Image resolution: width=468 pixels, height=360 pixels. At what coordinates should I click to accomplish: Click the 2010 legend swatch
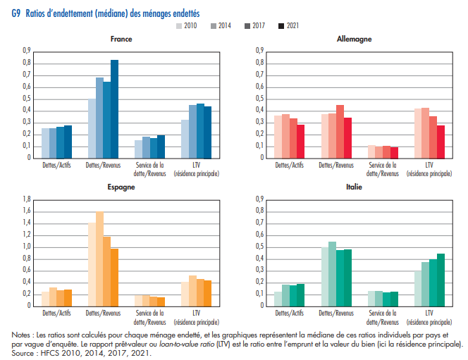tap(179, 26)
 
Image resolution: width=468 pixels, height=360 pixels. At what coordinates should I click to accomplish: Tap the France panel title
tap(121, 39)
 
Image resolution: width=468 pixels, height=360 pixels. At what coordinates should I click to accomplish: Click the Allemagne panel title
tap(354, 39)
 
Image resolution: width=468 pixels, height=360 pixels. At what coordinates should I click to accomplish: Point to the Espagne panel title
tap(121, 187)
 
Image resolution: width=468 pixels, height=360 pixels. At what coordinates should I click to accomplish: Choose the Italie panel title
tap(354, 187)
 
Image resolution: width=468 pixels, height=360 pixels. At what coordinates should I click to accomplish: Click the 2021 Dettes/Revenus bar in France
tap(114, 108)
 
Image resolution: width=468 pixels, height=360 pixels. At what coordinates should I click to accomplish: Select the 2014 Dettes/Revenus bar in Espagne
tap(99, 259)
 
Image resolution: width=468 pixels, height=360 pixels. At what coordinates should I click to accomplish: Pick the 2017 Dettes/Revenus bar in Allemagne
tap(340, 131)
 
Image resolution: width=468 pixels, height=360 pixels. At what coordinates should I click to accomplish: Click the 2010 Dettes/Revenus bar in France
tap(92, 128)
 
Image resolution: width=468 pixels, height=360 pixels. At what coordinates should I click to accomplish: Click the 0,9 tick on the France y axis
tap(27, 51)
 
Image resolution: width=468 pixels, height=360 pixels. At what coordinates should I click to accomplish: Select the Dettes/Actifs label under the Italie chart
tap(289, 313)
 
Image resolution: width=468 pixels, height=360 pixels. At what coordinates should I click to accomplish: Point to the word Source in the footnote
tap(23, 353)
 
